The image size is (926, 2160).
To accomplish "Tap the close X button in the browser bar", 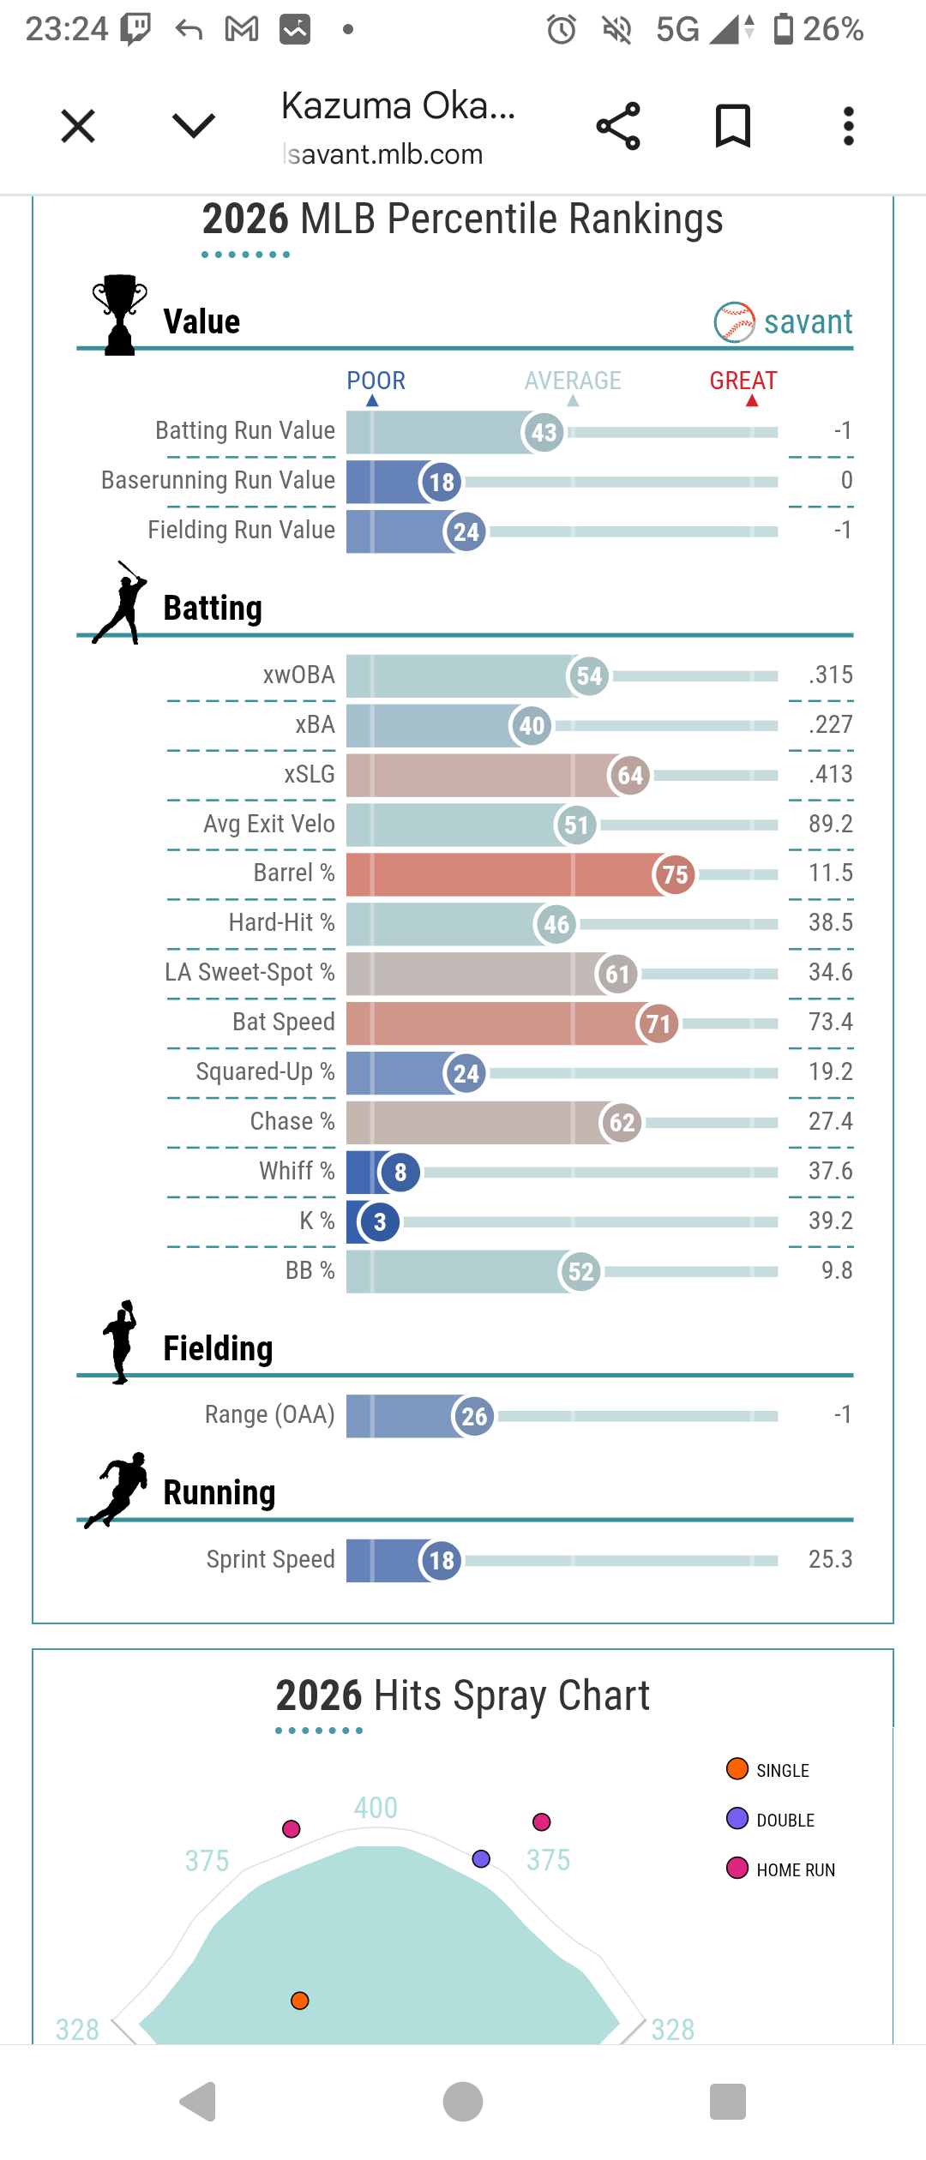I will (x=78, y=127).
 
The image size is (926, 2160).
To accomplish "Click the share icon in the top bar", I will (x=618, y=127).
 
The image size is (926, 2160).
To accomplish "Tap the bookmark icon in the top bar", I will (x=733, y=127).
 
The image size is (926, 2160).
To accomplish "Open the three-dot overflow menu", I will (x=848, y=127).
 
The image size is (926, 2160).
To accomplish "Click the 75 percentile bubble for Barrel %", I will (x=675, y=874).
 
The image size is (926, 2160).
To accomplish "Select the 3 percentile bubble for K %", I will (x=380, y=1221).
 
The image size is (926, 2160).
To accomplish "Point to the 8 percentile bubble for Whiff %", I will (x=400, y=1172).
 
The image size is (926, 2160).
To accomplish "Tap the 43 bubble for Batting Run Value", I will (x=544, y=432).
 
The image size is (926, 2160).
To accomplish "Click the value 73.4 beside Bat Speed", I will (x=830, y=1022).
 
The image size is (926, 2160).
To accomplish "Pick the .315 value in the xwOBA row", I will (x=830, y=675).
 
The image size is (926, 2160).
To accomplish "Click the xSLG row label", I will (x=310, y=774).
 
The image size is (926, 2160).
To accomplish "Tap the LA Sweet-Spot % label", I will (x=250, y=972).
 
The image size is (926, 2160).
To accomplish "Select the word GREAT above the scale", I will (x=743, y=381).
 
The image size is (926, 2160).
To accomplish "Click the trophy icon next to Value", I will (x=120, y=314).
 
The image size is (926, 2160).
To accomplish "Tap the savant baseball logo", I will (x=735, y=322).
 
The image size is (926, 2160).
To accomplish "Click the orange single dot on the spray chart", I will (x=300, y=2001).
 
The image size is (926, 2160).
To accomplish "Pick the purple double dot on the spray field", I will (x=481, y=1858).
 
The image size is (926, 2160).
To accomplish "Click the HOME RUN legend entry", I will (x=795, y=1869).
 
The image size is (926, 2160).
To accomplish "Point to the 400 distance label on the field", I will (x=376, y=1808).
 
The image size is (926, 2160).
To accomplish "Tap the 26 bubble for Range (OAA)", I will (x=474, y=1416).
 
